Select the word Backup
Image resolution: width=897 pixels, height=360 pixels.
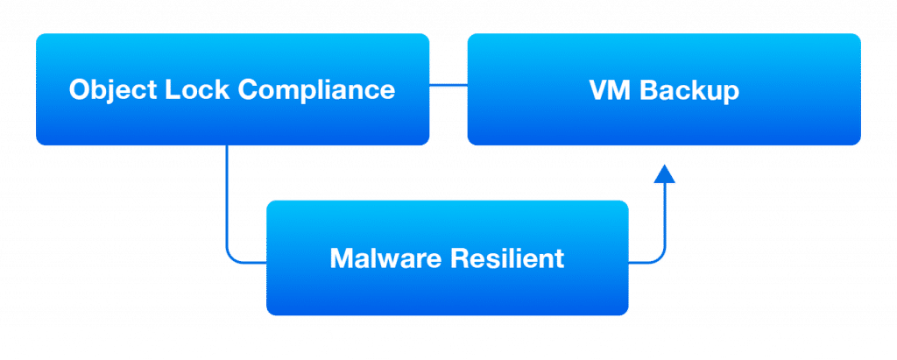coord(689,90)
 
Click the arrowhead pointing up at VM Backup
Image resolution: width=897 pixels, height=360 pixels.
coord(665,174)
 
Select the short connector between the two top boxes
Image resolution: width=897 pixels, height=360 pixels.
coord(448,86)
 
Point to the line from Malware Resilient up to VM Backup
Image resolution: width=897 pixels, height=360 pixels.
coord(665,228)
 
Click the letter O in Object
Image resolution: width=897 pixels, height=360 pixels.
coord(79,90)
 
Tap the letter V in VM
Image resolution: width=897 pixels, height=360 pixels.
coord(598,90)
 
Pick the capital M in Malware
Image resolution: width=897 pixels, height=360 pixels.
coord(341,259)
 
